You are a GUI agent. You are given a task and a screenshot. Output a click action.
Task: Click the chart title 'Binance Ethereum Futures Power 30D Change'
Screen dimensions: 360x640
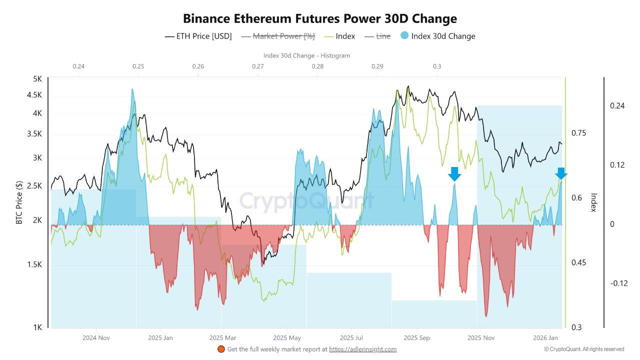point(320,19)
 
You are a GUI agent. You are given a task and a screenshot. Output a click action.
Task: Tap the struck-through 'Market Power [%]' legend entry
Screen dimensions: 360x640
point(277,36)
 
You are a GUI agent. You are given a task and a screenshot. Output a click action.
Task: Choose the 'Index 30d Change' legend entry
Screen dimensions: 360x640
point(443,36)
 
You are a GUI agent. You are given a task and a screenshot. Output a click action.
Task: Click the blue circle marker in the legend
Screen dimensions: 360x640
point(404,35)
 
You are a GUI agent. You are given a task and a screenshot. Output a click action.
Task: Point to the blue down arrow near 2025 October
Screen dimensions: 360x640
point(454,174)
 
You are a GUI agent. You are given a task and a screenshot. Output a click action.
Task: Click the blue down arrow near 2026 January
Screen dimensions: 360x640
point(561,173)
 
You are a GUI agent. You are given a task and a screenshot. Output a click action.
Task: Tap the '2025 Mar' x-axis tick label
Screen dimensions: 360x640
point(223,338)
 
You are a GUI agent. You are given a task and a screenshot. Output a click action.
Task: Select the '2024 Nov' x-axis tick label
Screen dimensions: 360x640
point(96,338)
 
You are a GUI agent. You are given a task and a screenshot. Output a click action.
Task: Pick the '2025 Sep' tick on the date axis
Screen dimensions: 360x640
point(416,338)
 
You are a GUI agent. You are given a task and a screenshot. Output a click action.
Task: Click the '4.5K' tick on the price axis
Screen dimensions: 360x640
point(34,95)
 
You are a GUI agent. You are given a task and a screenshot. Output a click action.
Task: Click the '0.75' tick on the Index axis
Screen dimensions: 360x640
point(579,133)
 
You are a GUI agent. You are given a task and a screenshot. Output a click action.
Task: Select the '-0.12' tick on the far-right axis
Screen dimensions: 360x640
point(618,283)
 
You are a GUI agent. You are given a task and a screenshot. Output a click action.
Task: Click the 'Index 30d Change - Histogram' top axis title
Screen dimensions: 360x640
point(306,55)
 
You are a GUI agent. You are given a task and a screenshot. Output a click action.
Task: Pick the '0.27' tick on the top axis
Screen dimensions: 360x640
point(258,66)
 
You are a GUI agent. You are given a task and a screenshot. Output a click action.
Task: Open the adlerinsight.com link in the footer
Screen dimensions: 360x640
point(362,349)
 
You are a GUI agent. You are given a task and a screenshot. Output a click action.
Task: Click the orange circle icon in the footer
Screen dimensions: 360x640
point(221,349)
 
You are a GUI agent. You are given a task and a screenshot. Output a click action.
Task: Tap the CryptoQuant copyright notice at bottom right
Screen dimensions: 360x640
point(584,349)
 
